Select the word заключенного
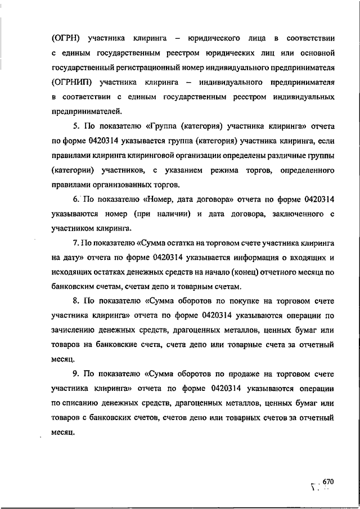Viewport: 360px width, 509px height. point(292,214)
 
